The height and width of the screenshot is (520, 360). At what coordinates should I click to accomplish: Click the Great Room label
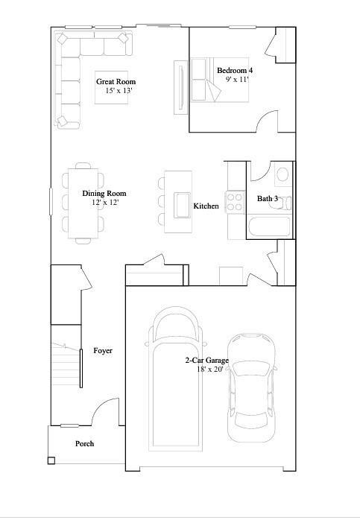click(116, 82)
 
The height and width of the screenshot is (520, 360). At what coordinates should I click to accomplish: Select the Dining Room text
click(104, 193)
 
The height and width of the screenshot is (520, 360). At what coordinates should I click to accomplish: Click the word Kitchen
click(206, 206)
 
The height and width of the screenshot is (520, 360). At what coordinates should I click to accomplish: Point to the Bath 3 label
click(268, 199)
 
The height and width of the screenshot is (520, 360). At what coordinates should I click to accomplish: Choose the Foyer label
click(103, 350)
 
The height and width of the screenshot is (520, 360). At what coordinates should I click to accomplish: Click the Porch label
click(85, 444)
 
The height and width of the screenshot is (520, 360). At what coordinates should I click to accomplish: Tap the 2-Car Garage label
click(207, 361)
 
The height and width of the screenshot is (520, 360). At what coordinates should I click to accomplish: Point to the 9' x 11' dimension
click(237, 78)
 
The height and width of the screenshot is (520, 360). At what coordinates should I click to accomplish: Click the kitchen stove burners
click(236, 200)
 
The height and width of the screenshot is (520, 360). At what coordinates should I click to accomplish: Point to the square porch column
click(51, 461)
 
